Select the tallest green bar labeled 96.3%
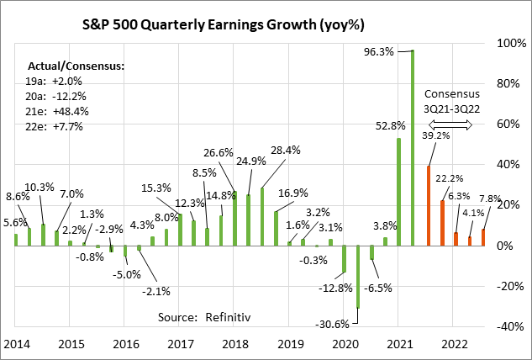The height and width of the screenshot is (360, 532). click(x=412, y=148)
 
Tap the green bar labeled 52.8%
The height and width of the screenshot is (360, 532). click(x=398, y=192)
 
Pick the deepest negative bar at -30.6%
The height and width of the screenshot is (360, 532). click(x=358, y=277)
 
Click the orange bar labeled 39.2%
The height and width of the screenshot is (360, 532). click(x=429, y=205)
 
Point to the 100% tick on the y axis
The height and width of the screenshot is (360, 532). click(x=507, y=42)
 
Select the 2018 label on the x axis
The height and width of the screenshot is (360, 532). click(x=234, y=344)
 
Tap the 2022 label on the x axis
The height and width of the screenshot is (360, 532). click(x=455, y=344)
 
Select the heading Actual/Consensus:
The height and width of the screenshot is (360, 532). click(x=76, y=65)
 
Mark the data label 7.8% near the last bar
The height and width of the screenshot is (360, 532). click(x=489, y=199)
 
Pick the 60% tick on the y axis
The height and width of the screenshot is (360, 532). click(x=507, y=124)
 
